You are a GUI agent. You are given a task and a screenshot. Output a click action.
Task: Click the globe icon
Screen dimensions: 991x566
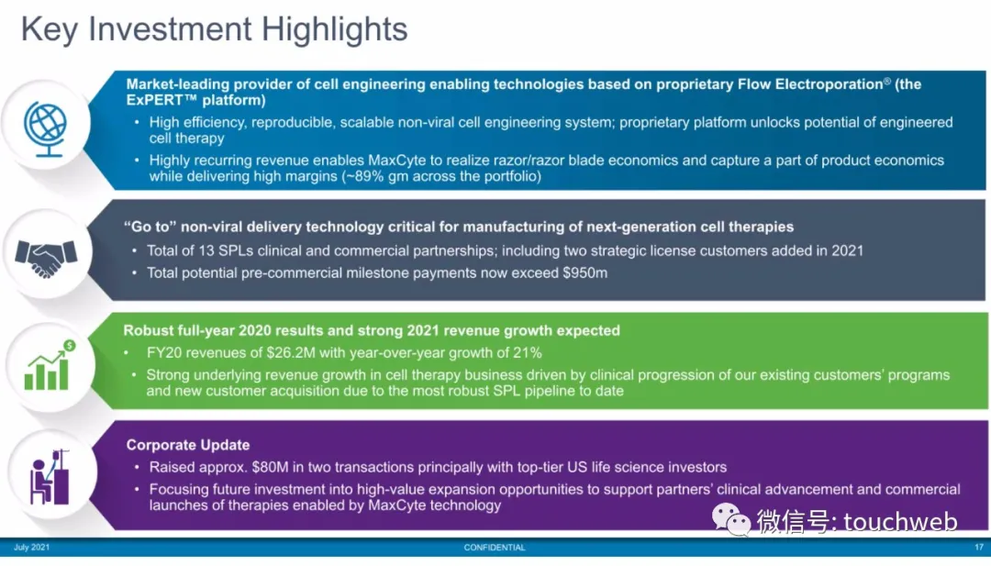click(x=46, y=128)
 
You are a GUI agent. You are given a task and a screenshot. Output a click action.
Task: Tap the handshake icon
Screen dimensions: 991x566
click(x=46, y=259)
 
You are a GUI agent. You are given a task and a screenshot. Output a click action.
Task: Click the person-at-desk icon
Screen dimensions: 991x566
click(x=50, y=477)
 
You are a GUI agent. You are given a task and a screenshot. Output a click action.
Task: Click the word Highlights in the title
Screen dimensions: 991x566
click(x=334, y=29)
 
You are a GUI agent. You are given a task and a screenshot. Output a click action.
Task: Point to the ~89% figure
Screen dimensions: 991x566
click(x=363, y=176)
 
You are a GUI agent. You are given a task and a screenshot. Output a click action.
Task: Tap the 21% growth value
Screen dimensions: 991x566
click(x=527, y=352)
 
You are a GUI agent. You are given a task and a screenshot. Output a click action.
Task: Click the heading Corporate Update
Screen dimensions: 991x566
click(x=188, y=445)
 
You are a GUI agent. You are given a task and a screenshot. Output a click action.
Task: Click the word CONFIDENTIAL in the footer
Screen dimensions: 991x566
click(x=495, y=548)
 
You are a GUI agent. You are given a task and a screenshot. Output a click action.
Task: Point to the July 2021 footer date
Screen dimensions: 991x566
click(x=31, y=547)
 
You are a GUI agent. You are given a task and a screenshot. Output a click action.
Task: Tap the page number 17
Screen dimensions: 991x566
click(x=979, y=547)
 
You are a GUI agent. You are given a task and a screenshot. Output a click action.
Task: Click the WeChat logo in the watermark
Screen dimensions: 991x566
click(x=731, y=520)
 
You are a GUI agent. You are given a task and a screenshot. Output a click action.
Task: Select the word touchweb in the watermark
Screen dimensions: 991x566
click(x=900, y=522)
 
